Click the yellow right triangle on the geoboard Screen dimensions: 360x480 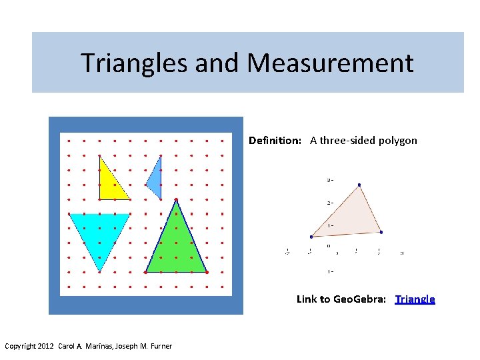pyautogui.click(x=108, y=184)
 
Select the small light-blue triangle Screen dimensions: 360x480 pyautogui.click(x=155, y=181)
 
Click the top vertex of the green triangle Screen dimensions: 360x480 pyautogui.click(x=176, y=199)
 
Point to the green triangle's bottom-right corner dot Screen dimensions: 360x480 pyautogui.click(x=207, y=272)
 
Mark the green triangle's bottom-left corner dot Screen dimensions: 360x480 pyautogui.click(x=146, y=272)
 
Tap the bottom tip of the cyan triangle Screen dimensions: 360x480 pyautogui.click(x=99, y=271)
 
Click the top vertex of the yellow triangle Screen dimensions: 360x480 pyautogui.click(x=99, y=156)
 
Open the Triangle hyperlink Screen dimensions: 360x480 pyautogui.click(x=415, y=299)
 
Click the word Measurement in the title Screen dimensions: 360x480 pyautogui.click(x=330, y=63)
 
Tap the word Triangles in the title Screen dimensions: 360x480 pyautogui.click(x=134, y=63)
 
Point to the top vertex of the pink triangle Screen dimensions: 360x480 pyautogui.click(x=359, y=185)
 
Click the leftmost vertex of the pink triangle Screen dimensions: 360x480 pyautogui.click(x=311, y=237)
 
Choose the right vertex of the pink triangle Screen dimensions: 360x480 pyautogui.click(x=381, y=232)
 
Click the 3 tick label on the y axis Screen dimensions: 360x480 pyautogui.click(x=329, y=179)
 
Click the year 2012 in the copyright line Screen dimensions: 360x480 pyautogui.click(x=45, y=346)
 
